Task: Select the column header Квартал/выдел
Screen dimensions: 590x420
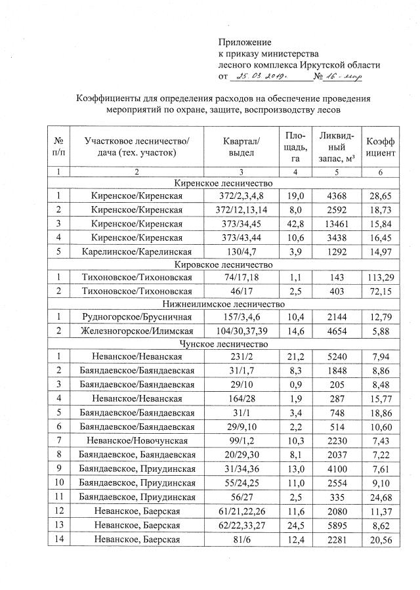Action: point(241,146)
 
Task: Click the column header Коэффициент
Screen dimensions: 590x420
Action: point(380,146)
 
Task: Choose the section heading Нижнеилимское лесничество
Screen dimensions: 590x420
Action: point(226,304)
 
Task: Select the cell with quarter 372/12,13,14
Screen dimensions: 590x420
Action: point(241,209)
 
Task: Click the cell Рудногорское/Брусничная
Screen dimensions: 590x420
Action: point(136,318)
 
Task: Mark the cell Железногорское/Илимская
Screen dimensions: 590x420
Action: point(136,331)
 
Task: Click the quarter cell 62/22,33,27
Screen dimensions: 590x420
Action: point(241,522)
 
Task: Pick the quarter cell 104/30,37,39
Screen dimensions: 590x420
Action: point(241,331)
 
